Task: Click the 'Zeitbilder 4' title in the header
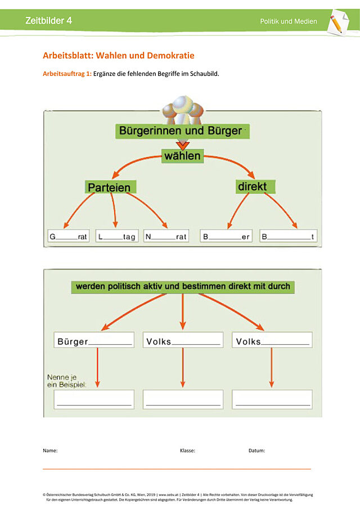point(49,20)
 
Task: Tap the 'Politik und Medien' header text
point(288,21)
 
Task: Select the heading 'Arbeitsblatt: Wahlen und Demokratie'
point(119,56)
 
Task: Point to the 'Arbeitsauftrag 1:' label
point(67,74)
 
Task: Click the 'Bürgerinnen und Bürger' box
point(182,131)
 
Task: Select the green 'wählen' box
point(182,156)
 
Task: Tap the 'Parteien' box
point(110,187)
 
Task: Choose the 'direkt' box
point(255,187)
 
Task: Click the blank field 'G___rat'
point(69,236)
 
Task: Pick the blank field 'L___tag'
point(117,236)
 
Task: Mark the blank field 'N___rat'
point(166,236)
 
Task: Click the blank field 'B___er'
point(226,236)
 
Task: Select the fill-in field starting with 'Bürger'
point(94,340)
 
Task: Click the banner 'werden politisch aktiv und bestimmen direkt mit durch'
point(183,287)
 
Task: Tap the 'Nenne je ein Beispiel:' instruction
point(67,381)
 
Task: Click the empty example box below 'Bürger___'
point(94,399)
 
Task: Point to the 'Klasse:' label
point(188,451)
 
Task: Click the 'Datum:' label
point(256,451)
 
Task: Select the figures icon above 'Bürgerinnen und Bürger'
point(183,110)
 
